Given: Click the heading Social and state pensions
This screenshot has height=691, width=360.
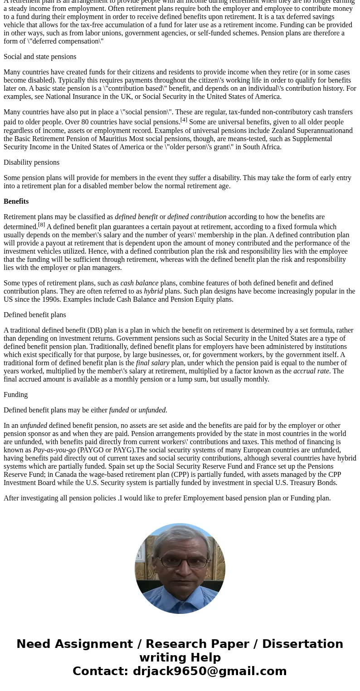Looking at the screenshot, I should pyautogui.click(x=40, y=57).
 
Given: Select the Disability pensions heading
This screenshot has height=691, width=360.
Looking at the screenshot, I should pyautogui.click(x=31, y=162).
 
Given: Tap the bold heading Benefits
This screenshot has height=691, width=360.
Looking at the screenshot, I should pyautogui.click(x=16, y=201).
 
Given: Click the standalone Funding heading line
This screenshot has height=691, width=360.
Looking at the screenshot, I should pyautogui.click(x=15, y=395).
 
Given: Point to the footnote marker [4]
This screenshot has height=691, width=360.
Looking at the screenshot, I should pyautogui.click(x=184, y=120).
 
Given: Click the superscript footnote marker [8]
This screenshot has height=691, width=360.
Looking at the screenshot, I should pyautogui.click(x=41, y=225).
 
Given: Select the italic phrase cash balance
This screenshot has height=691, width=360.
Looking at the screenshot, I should pyautogui.click(x=139, y=283).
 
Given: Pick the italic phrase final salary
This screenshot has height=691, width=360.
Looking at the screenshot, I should pyautogui.click(x=152, y=363).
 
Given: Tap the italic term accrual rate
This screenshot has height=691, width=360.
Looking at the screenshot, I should pyautogui.click(x=311, y=371).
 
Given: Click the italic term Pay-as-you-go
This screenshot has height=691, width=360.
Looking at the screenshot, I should pyautogui.click(x=54, y=450).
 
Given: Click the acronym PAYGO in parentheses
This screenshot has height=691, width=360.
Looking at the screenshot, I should pyautogui.click(x=91, y=450).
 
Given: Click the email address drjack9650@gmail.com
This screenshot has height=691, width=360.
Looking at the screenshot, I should pyautogui.click(x=209, y=671).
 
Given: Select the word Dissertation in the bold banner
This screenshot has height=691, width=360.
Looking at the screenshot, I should pyautogui.click(x=302, y=644).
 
